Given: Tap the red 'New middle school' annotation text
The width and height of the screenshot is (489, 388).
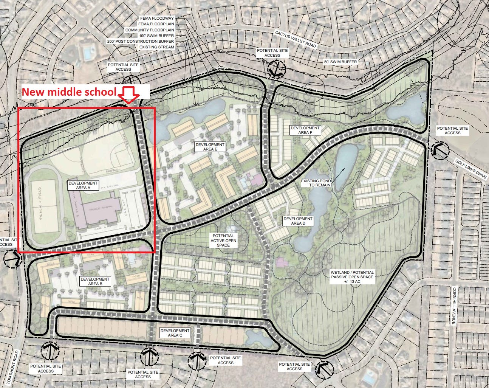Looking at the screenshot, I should (69, 92).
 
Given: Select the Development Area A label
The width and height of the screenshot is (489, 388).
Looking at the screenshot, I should (83, 185).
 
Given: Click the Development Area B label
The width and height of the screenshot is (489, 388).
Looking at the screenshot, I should (95, 281).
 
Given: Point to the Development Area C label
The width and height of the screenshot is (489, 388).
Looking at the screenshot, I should (175, 333).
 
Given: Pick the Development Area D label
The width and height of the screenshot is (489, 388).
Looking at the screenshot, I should (298, 221).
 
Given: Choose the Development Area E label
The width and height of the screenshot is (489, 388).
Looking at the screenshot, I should (210, 147).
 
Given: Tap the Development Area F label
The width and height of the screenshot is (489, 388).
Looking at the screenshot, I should (305, 130).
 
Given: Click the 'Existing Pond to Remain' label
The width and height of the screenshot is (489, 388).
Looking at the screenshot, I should (316, 183).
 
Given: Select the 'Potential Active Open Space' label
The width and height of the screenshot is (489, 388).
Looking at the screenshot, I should (223, 240).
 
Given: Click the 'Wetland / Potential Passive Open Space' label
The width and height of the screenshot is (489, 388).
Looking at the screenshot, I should (352, 277).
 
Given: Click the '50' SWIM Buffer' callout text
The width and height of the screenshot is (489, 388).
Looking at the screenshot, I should (340, 62).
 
